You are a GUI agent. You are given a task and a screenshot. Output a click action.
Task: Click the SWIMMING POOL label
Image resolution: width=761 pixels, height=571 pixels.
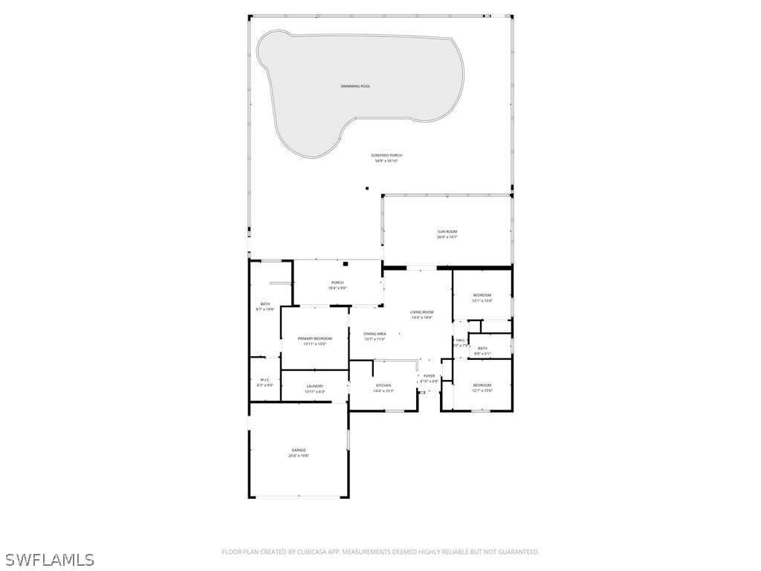[x=355, y=86]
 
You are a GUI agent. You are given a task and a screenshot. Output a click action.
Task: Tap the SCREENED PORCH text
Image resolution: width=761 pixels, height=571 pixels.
[x=386, y=155]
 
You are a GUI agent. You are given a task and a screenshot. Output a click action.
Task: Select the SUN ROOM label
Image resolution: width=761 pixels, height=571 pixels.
[x=447, y=232]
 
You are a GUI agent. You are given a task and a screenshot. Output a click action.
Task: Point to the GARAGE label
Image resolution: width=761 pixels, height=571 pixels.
[x=299, y=450]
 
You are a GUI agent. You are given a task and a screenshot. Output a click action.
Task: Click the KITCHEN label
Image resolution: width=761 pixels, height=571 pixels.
[x=383, y=385]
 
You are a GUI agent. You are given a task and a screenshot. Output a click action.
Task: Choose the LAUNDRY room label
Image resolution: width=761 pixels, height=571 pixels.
[x=314, y=386]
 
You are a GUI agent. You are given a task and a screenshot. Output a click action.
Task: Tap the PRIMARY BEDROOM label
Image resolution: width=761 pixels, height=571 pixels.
[x=314, y=338]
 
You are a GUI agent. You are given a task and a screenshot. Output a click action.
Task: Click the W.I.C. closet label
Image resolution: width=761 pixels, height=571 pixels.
[x=265, y=380]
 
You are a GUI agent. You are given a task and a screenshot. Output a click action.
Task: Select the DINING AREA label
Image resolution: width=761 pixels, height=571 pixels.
[x=375, y=334]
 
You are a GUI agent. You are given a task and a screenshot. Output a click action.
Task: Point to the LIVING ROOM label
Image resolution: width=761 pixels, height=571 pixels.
[x=421, y=312]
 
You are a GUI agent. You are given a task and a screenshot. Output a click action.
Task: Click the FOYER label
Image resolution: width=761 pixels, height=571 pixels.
[x=430, y=376]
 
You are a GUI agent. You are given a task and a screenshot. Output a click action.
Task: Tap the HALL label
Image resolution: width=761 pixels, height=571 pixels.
[x=460, y=340]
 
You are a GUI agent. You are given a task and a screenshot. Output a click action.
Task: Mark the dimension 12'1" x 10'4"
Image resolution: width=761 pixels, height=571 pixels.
[x=482, y=301]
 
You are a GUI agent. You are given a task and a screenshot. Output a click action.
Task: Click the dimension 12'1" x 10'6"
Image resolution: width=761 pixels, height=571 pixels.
[x=482, y=390]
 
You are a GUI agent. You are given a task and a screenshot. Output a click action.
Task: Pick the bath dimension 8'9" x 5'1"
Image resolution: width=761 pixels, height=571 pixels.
[x=482, y=354]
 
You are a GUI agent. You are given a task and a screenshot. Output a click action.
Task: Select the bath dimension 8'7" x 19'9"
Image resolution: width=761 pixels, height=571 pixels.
[x=265, y=309]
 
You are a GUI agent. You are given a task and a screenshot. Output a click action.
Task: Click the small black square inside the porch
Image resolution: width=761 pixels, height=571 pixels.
[x=346, y=264]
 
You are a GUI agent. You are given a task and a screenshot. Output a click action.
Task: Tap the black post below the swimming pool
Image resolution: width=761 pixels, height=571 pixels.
[x=367, y=188]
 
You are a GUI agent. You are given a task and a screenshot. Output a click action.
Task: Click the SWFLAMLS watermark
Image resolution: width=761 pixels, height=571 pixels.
[x=49, y=559]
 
